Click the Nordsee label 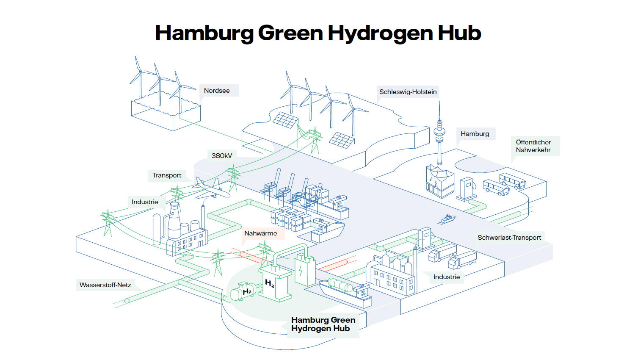point(217,91)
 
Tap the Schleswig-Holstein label point(408,92)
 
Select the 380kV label point(222,156)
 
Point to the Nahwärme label point(261,233)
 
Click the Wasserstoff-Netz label point(105,285)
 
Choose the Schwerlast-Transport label point(509,238)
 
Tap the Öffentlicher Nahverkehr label point(533,146)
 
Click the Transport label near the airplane point(167,175)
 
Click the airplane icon point(210,189)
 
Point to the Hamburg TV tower point(439,136)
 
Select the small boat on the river point(447,219)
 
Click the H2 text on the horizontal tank point(247,291)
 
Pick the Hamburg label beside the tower point(475,134)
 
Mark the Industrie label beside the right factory point(447,277)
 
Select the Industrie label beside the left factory point(145,202)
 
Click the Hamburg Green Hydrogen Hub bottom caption point(323,324)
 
